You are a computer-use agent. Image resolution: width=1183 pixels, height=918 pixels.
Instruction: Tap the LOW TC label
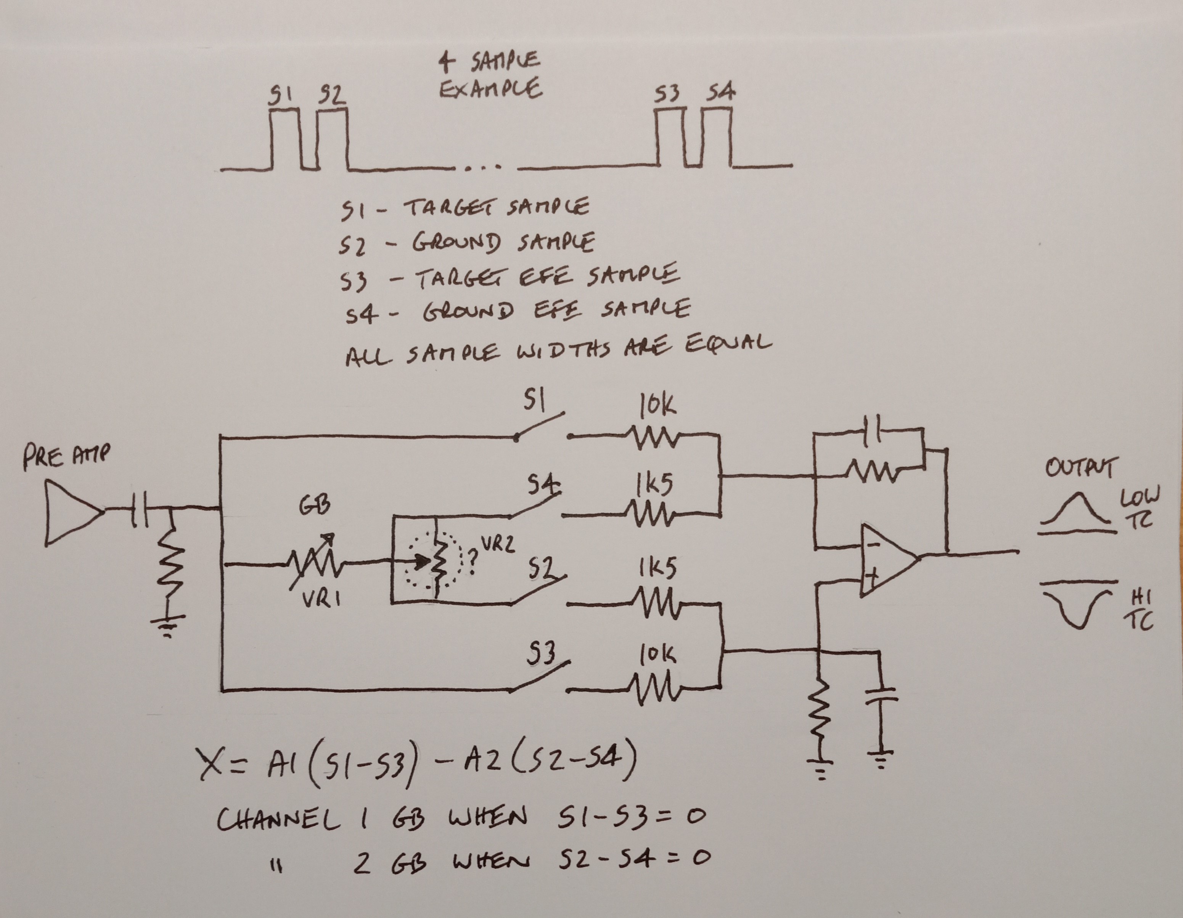point(1139,507)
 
